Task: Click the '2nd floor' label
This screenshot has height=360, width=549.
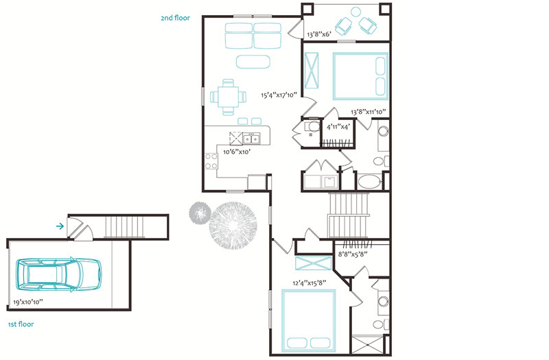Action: (x=176, y=18)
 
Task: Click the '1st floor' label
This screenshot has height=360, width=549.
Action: (x=21, y=324)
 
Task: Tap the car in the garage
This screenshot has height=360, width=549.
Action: (x=59, y=275)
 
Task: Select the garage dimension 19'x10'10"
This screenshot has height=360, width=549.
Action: (x=28, y=302)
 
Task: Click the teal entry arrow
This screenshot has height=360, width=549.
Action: (x=60, y=226)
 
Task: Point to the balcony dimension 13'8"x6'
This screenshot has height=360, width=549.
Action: (x=319, y=34)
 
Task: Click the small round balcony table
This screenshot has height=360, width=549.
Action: (x=355, y=12)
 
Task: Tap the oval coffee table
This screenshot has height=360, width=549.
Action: (x=253, y=62)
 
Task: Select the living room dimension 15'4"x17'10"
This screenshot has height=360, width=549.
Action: (x=279, y=95)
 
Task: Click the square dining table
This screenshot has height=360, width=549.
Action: (x=229, y=97)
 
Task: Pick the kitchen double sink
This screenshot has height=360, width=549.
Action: (x=252, y=139)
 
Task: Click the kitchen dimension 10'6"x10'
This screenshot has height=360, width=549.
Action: (x=237, y=152)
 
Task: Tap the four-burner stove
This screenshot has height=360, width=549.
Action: (x=211, y=161)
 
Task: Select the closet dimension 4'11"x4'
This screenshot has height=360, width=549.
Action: (x=338, y=127)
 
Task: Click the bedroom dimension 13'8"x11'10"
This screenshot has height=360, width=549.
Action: (x=369, y=112)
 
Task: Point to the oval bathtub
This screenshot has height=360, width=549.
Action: (x=369, y=182)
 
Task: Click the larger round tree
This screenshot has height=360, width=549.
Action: (x=233, y=226)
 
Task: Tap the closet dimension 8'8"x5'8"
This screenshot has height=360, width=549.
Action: (x=353, y=254)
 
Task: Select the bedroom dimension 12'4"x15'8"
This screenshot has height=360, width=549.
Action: (x=309, y=283)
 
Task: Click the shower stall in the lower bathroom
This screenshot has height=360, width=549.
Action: (x=367, y=346)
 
